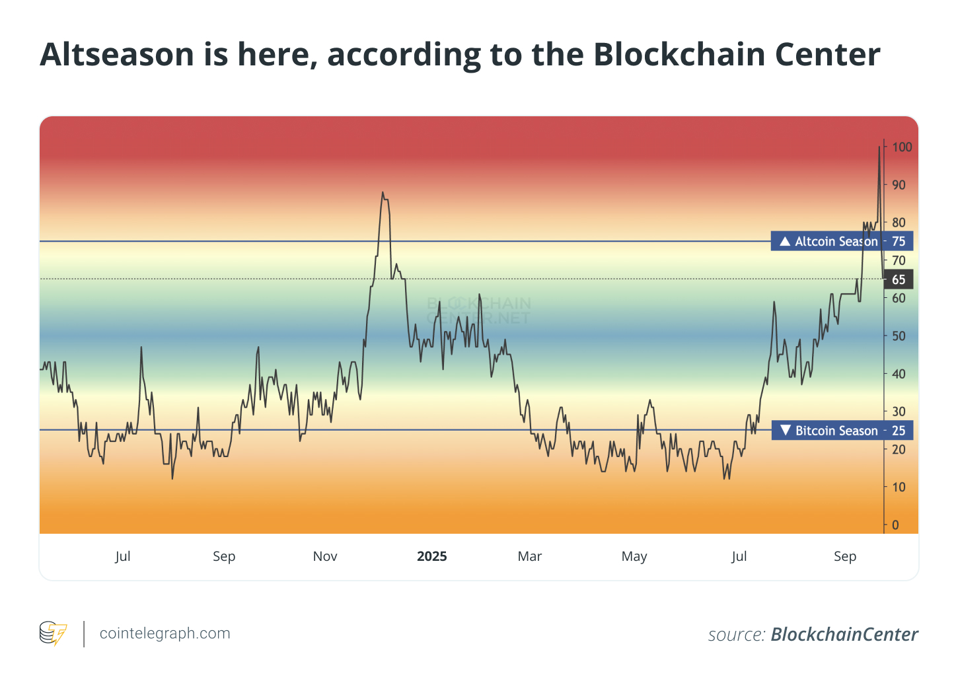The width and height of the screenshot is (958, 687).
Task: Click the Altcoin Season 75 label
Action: [x=842, y=241]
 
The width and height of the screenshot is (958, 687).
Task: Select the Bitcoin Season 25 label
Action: [x=842, y=431]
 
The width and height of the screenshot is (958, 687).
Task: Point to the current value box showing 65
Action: [x=899, y=279]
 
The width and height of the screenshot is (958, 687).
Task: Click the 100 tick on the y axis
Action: [x=902, y=147]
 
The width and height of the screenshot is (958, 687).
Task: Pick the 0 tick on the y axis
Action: [x=896, y=524]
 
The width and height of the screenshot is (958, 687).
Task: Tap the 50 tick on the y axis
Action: [x=899, y=336]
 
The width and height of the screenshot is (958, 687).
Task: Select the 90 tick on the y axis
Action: [x=899, y=185]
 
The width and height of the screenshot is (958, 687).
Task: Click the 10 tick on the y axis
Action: [x=899, y=487]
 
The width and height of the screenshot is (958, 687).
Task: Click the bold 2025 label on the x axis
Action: [x=432, y=556]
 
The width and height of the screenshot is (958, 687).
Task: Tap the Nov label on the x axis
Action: [x=325, y=556]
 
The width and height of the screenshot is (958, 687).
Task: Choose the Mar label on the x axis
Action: [x=530, y=556]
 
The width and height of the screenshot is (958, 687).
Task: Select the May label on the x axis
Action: [x=634, y=556]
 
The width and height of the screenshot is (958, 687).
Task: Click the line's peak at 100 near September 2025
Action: [x=879, y=147]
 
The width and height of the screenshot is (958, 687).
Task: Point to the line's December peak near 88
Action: [x=383, y=193]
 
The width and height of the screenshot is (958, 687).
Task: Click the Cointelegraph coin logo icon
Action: [x=53, y=633]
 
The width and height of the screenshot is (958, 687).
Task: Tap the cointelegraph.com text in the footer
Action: [x=165, y=633]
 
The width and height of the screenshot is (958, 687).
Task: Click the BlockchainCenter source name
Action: [x=844, y=634]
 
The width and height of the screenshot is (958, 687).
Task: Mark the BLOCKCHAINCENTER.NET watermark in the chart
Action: [x=479, y=310]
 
